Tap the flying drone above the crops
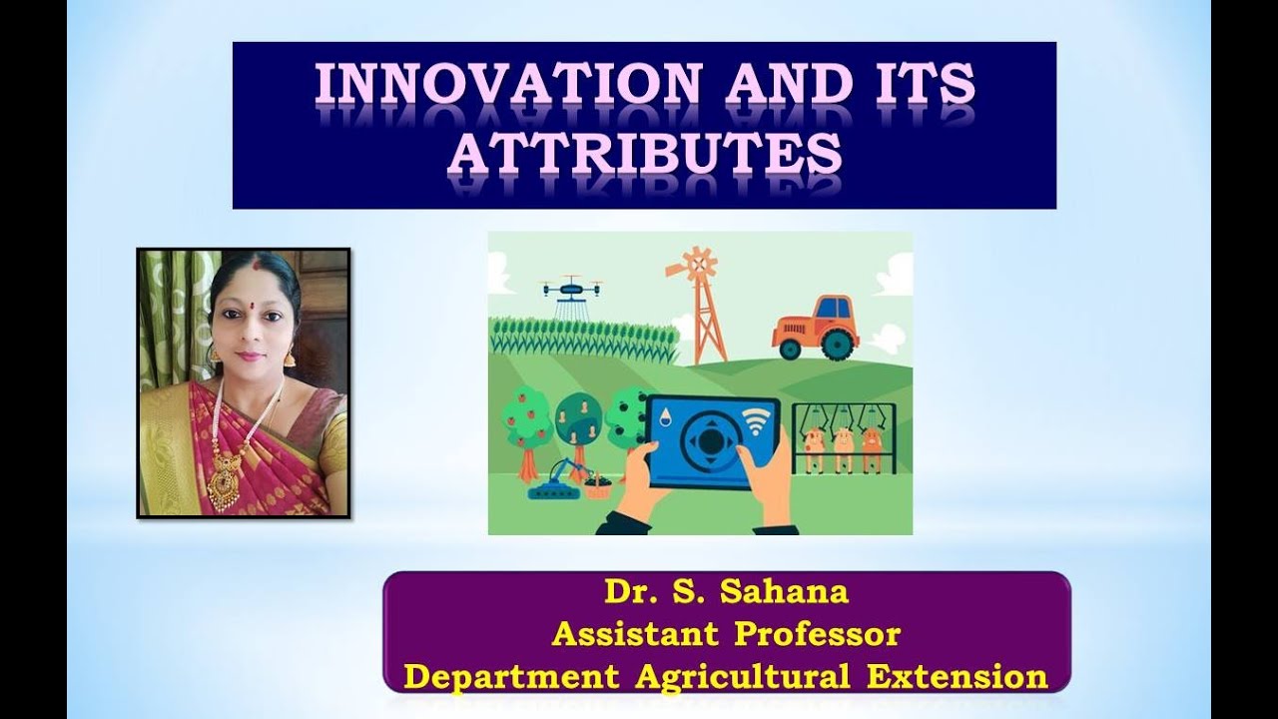coord(572,290)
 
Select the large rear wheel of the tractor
coord(837,344)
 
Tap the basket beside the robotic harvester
coord(597,487)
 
